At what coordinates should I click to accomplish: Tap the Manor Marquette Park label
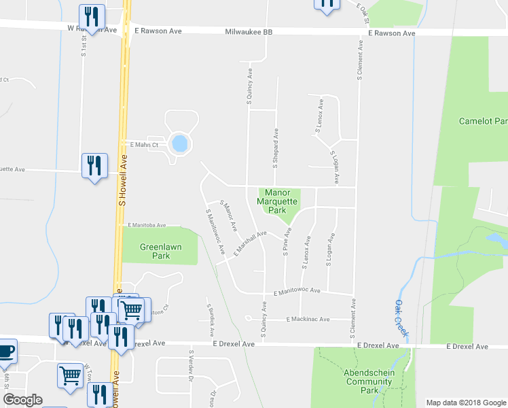277,201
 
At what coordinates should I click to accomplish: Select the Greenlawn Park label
155,252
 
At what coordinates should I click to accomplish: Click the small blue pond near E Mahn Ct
180,144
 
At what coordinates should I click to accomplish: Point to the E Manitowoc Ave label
297,291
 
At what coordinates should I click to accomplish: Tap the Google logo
22,400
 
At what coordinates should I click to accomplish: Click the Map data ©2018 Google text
465,403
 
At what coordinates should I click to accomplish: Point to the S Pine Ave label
287,243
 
